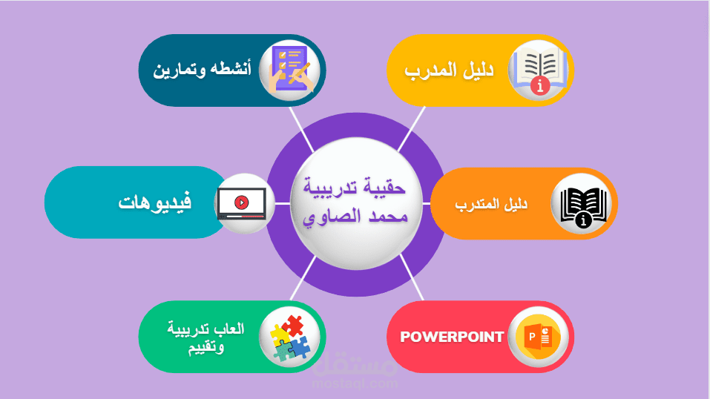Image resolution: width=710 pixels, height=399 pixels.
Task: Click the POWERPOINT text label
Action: pyautogui.click(x=453, y=337)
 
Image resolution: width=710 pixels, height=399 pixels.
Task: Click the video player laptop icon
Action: pyautogui.click(x=241, y=202)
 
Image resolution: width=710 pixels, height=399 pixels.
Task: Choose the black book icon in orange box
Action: pyautogui.click(x=583, y=204)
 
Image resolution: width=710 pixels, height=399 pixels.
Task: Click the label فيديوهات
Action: pyautogui.click(x=155, y=202)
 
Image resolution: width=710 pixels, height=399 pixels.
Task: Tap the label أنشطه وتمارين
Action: pyautogui.click(x=203, y=70)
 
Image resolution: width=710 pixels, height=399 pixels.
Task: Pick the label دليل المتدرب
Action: pyautogui.click(x=490, y=204)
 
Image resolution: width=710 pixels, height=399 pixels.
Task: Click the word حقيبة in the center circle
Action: pyautogui.click(x=384, y=188)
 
